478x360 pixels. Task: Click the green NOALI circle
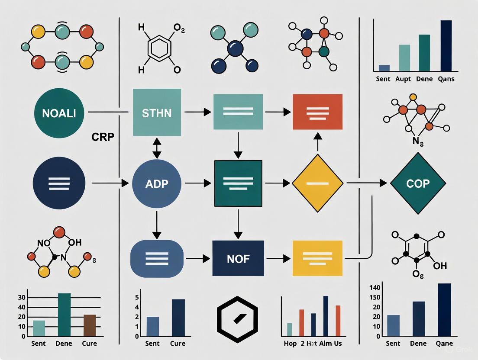59,113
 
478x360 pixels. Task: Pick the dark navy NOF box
238,258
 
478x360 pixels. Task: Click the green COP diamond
418,183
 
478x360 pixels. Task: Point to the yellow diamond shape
318,183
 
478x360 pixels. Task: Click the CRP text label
103,137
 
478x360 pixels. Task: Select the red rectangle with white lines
318,112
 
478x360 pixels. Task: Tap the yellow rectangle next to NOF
318,258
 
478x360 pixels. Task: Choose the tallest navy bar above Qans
446,45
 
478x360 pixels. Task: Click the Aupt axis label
404,79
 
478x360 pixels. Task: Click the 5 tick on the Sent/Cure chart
137,298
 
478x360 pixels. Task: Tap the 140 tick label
375,288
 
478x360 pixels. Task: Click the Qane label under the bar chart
444,344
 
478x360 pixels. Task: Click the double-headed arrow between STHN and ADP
157,148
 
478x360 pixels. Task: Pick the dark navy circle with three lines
59,183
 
